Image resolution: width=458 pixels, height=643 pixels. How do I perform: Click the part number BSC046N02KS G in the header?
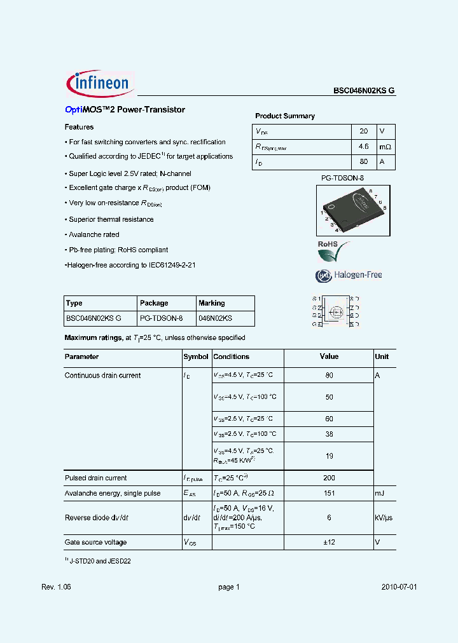pos(364,91)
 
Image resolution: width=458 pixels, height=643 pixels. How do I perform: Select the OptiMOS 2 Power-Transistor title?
pos(125,110)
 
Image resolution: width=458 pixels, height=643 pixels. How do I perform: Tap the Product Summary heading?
pos(284,116)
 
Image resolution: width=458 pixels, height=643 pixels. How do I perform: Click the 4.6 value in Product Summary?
pos(363,147)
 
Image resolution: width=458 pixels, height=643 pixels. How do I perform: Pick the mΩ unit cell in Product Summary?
pos(385,147)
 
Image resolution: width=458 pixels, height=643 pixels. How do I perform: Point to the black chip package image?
pos(353,210)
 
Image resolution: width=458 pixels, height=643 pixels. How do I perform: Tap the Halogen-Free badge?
pos(349,275)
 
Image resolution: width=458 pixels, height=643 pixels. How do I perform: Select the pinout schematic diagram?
pos(335,311)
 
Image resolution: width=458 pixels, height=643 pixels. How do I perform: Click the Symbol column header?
pos(196,357)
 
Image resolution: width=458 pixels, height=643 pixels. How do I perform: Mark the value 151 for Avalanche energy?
pos(329,493)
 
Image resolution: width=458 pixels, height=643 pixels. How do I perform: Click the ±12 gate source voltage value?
pos(329,542)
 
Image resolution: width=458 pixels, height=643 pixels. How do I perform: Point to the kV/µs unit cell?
pos(384,518)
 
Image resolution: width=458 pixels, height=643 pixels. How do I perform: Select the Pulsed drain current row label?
pos(95,478)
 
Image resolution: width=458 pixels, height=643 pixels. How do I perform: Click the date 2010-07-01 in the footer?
pos(399,587)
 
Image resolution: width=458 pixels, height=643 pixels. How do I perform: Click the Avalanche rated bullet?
pos(94,234)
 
